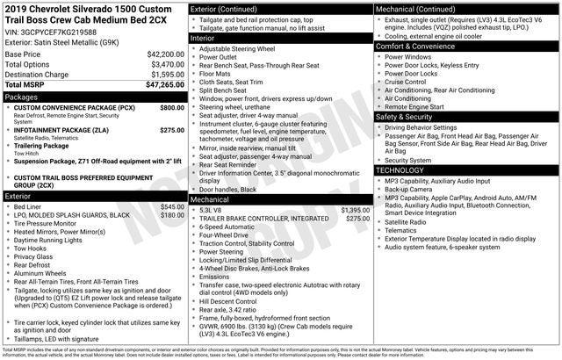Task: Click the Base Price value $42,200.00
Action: point(165,54)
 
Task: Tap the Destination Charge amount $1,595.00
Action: point(165,75)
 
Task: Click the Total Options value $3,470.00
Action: point(165,65)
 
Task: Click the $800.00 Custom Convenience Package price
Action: point(172,107)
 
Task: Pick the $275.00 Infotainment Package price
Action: point(172,130)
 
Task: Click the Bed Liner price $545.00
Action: point(172,207)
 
